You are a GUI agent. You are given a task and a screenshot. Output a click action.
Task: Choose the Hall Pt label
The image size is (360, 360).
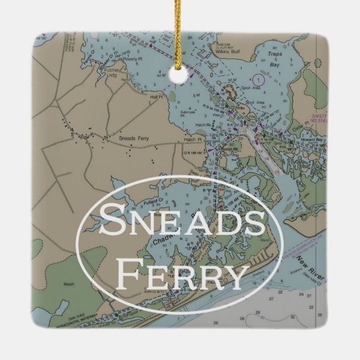[x=155, y=97]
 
